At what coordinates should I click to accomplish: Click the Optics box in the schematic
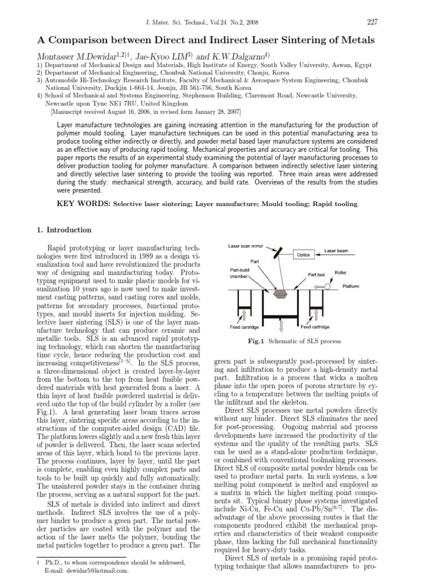(x=303, y=255)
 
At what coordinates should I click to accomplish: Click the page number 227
(x=372, y=22)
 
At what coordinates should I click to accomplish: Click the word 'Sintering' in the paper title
(x=292, y=41)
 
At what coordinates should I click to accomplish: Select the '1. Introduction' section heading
(x=64, y=230)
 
